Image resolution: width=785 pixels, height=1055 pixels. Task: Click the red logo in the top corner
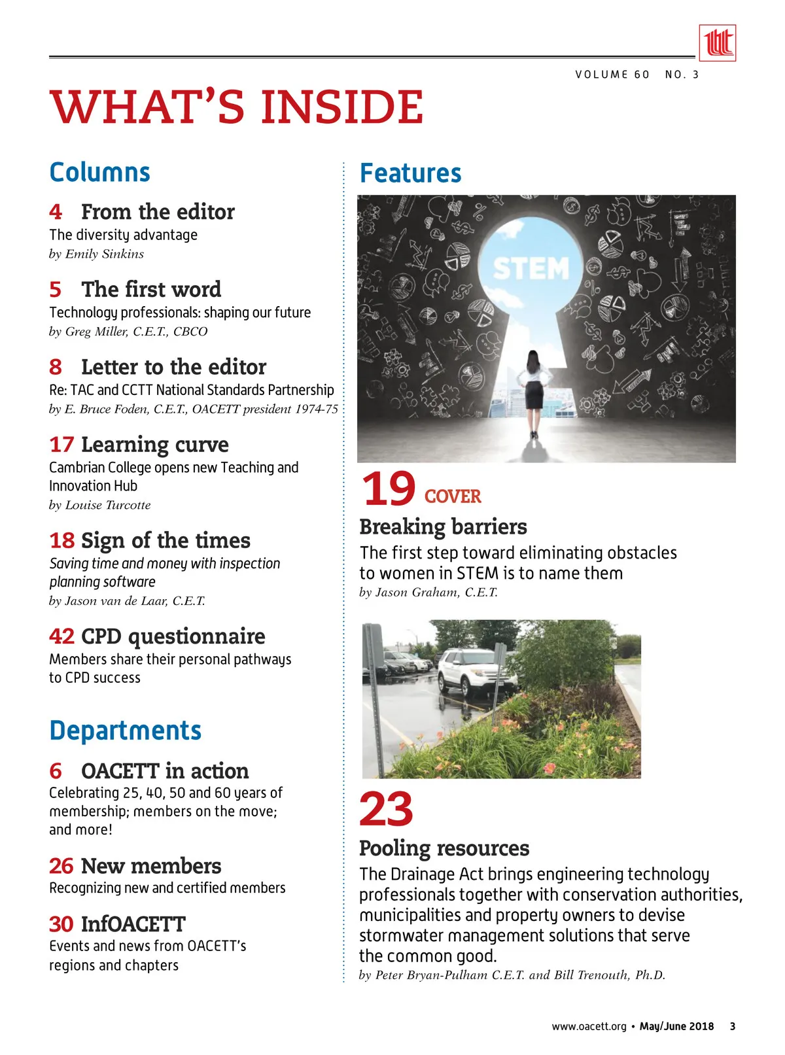coord(717,43)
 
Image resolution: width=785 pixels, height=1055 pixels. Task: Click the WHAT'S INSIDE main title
coord(236,107)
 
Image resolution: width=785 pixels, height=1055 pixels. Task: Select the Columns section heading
coord(99,173)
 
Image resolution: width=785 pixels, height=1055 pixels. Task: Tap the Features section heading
coord(410,173)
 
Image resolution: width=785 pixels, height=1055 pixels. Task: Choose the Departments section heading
coord(125,731)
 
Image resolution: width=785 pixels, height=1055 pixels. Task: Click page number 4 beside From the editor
coord(56,212)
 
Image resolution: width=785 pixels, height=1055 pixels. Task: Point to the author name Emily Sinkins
coord(104,254)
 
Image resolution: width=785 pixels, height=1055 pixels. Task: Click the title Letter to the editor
coord(173,367)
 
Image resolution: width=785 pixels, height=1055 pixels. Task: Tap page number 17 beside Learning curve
coord(61,445)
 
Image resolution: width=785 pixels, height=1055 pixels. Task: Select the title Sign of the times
coord(166,541)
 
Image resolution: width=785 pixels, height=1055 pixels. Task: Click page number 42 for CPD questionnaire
coord(61,636)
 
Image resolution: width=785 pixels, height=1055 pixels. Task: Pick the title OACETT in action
coord(165,771)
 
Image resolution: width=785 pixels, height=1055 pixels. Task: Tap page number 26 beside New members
coord(61,866)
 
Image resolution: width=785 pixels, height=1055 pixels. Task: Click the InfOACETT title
coord(133,924)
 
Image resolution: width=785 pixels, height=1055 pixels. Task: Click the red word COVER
coord(453,497)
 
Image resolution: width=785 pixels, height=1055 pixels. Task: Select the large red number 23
coord(386,810)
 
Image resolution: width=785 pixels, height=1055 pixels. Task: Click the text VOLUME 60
coord(612,75)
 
